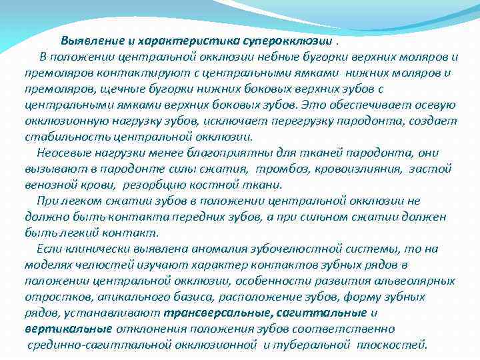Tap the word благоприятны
[197, 153]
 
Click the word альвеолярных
[411, 281]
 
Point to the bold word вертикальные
[67, 329]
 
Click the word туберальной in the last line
[313, 345]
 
